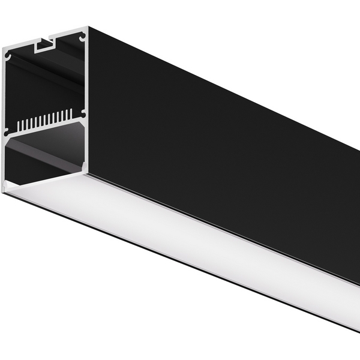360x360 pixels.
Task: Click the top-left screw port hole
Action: [x=8, y=56]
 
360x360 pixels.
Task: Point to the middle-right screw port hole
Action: [x=83, y=113]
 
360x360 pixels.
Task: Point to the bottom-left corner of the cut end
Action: [x=5, y=188]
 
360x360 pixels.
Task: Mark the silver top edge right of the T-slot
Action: [x=69, y=34]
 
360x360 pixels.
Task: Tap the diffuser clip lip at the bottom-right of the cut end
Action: [x=85, y=174]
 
